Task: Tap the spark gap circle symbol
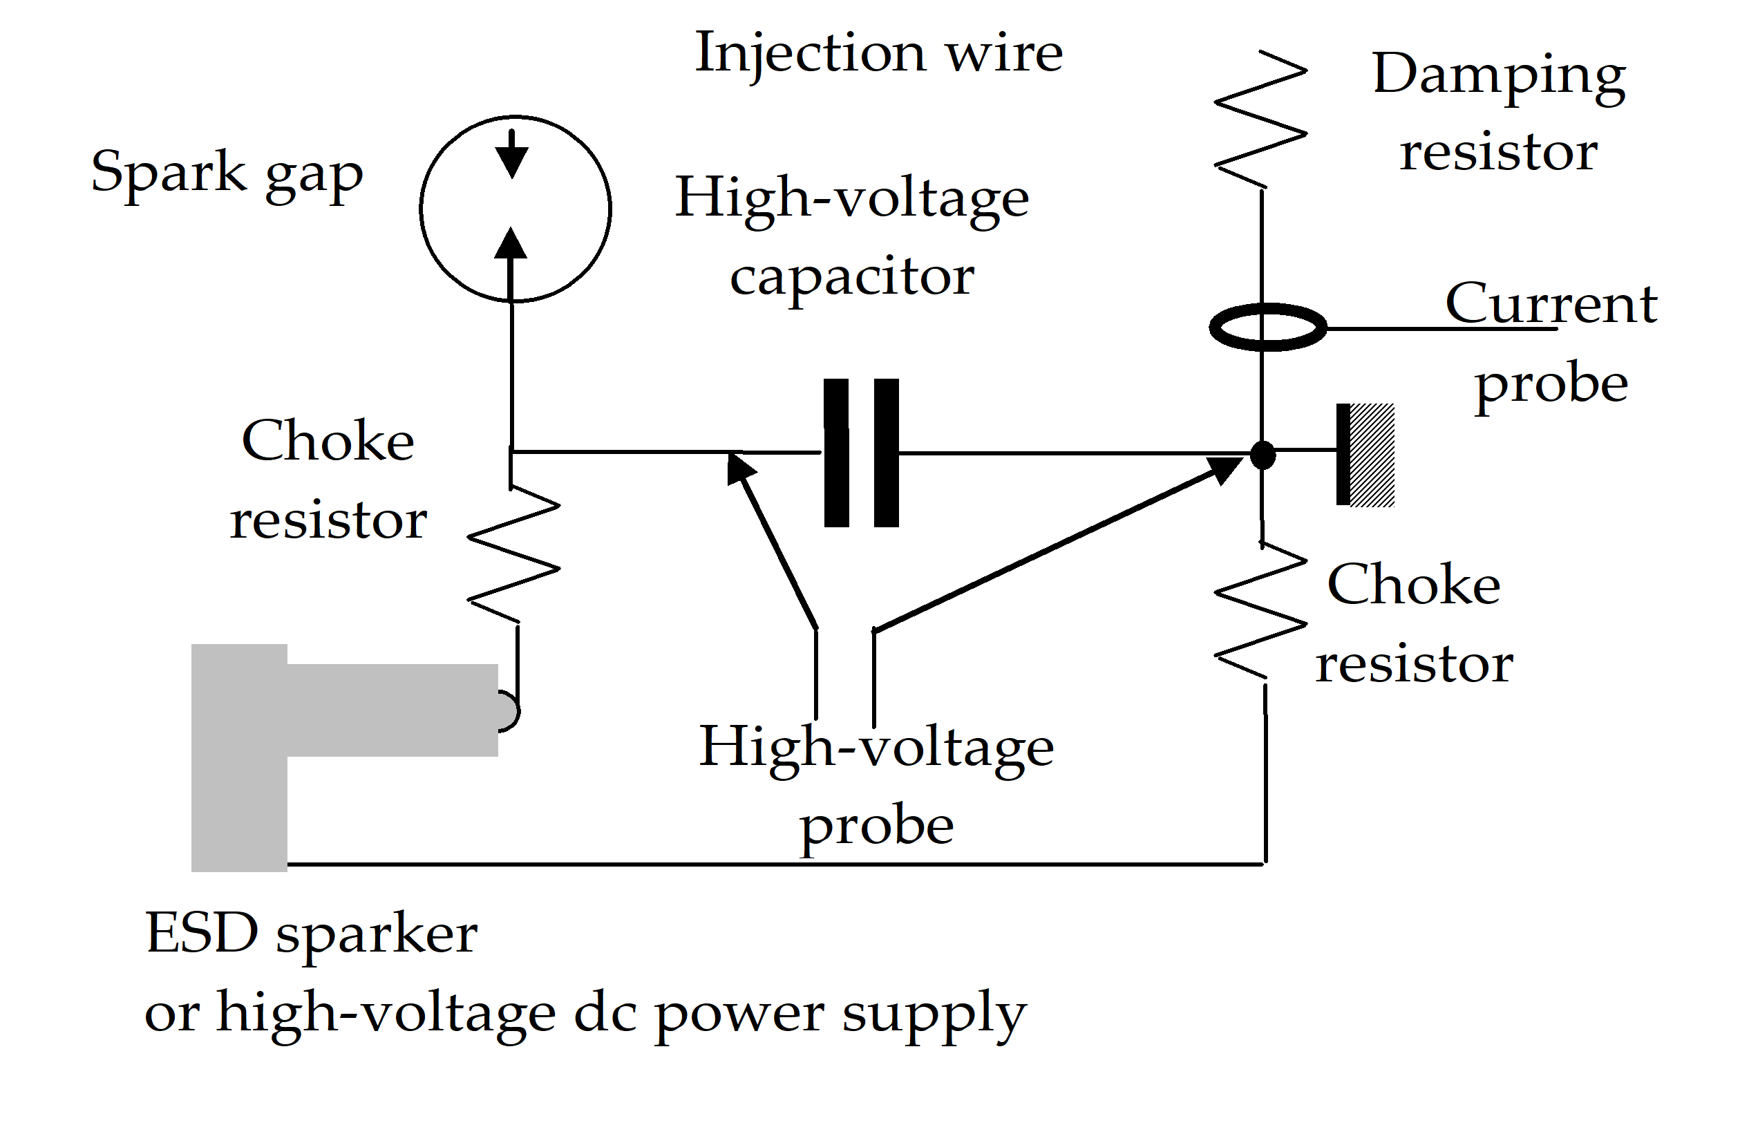point(516,209)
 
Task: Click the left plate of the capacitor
point(836,453)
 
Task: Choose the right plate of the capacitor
point(886,453)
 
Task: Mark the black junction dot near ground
point(1263,455)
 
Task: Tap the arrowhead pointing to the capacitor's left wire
point(740,468)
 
